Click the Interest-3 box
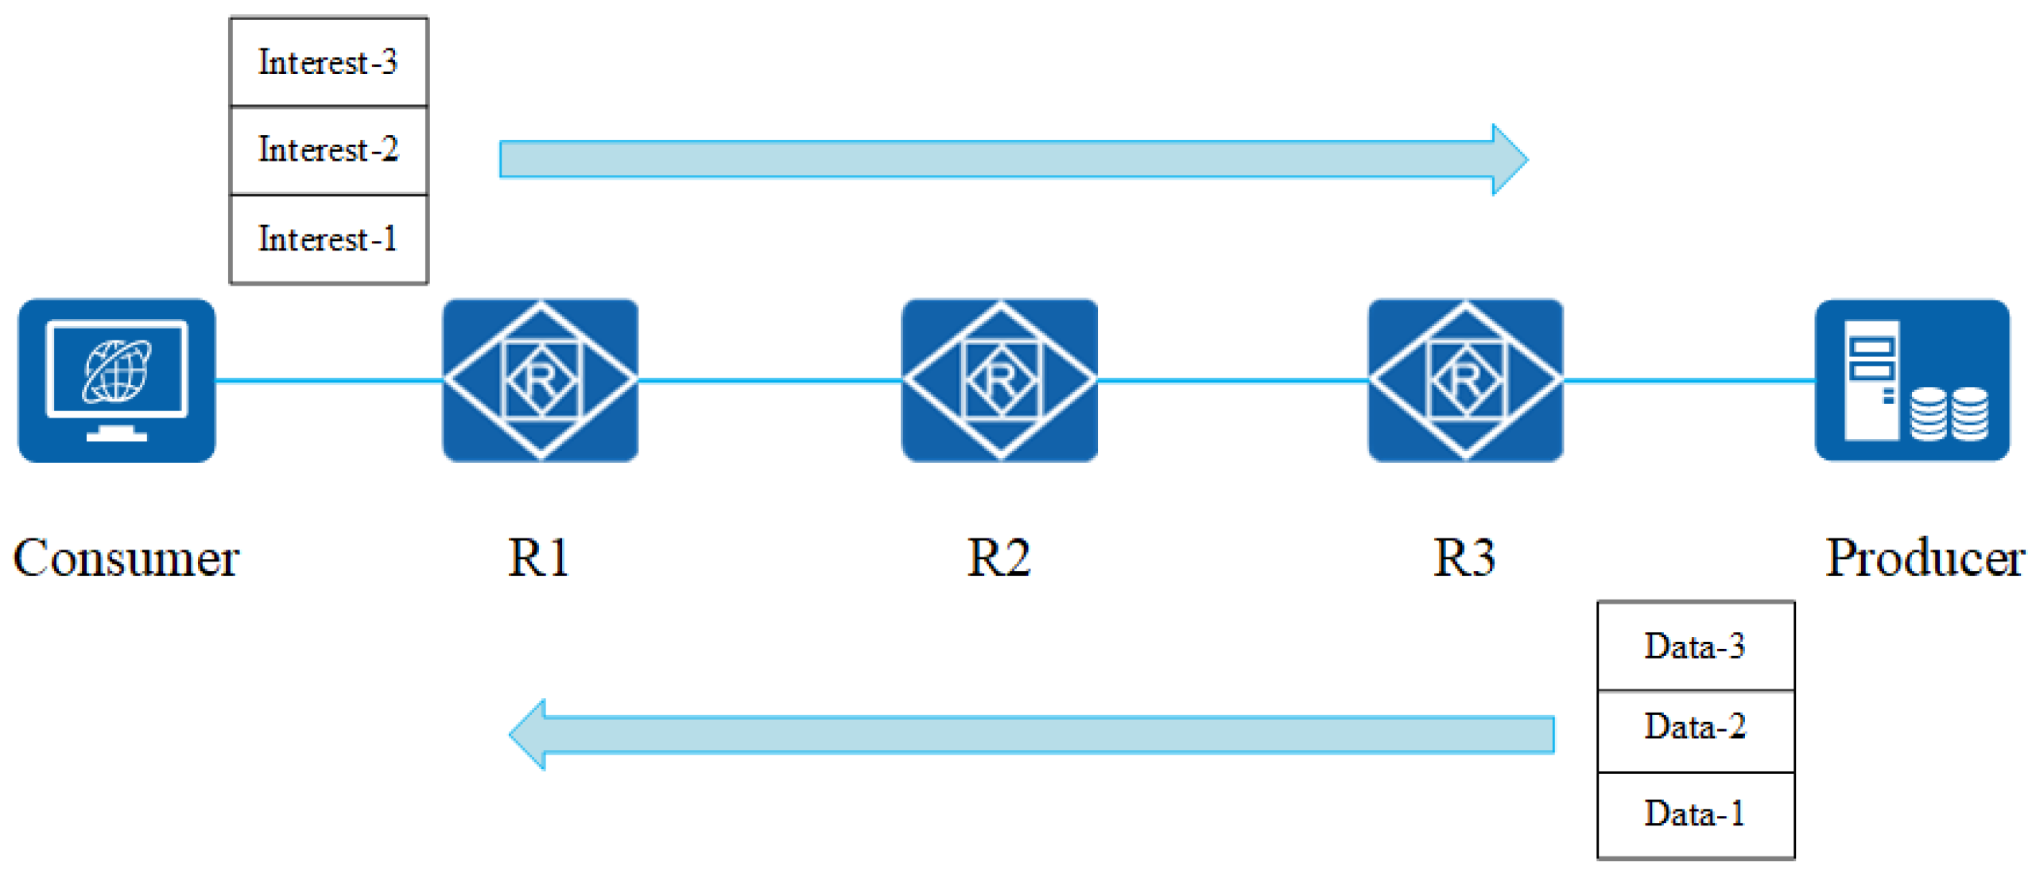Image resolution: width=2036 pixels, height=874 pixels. (328, 62)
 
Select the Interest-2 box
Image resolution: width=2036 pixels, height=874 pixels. (328, 150)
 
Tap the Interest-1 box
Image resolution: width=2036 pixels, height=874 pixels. (328, 239)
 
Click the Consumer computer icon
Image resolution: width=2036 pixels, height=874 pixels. (117, 380)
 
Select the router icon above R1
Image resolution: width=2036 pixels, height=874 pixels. (541, 380)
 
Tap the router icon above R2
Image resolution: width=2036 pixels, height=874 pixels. (999, 380)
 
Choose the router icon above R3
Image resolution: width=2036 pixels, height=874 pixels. (1464, 380)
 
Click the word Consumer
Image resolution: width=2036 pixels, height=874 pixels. (126, 558)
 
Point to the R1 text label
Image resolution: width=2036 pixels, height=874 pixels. (538, 558)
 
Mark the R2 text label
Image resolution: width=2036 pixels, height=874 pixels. (999, 558)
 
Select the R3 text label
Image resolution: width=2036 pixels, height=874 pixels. (1464, 558)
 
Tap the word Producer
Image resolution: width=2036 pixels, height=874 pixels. (1924, 558)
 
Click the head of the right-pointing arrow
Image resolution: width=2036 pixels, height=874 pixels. (1508, 159)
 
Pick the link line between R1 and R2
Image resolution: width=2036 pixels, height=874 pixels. (770, 381)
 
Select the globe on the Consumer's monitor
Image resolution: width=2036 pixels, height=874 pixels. (118, 371)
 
